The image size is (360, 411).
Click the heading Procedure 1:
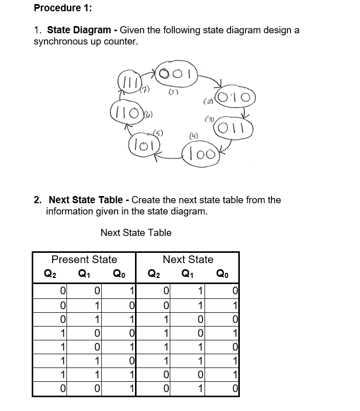point(57,8)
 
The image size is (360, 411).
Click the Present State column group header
point(84,259)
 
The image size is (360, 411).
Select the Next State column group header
point(188,259)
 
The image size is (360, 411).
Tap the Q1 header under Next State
point(187,273)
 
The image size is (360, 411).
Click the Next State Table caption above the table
point(136,233)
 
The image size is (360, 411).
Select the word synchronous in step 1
point(59,41)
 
